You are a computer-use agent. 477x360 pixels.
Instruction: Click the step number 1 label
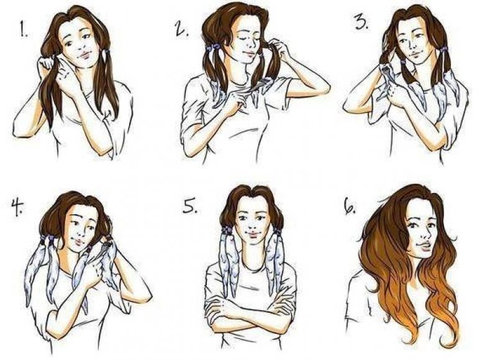[24, 30]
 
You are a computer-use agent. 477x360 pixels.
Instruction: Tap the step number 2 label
[181, 30]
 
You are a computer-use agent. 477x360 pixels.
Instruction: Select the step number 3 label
[362, 22]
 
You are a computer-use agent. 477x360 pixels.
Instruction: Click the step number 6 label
[350, 207]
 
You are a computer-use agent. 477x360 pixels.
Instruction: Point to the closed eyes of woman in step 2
[247, 39]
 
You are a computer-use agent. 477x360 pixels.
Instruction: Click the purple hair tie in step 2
[213, 47]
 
